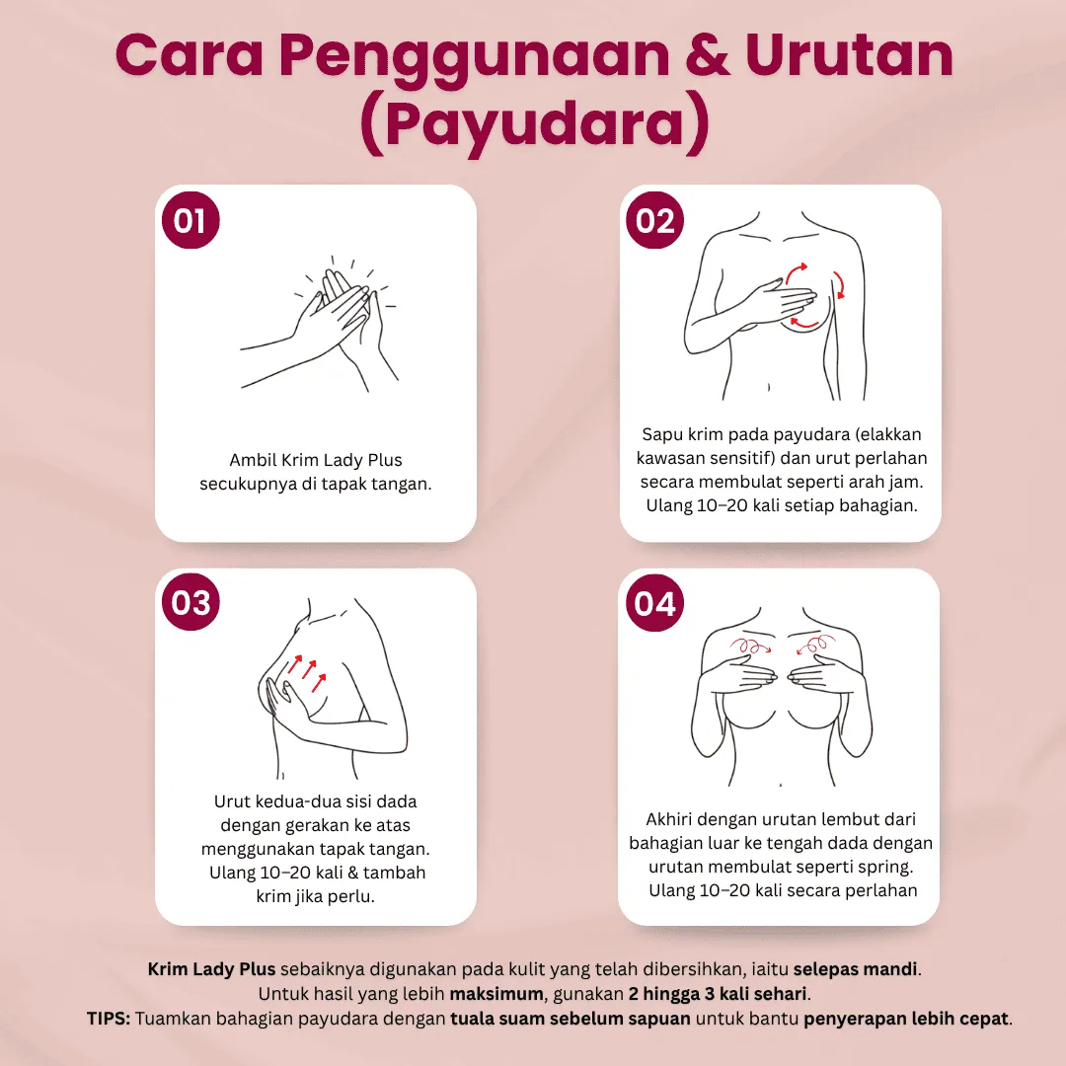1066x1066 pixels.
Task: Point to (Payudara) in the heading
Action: [x=533, y=125]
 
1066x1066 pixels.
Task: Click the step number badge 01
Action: [x=190, y=220]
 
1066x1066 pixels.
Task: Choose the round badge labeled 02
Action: [x=655, y=220]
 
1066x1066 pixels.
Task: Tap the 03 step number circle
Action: [x=190, y=602]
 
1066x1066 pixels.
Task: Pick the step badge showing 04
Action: [x=655, y=602]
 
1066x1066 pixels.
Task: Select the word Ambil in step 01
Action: [x=252, y=460]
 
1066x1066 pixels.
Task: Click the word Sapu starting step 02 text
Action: [x=661, y=434]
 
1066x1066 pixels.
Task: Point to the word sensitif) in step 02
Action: [x=776, y=458]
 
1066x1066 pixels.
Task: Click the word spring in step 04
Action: [x=886, y=867]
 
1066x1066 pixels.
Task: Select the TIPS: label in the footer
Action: [x=108, y=1018]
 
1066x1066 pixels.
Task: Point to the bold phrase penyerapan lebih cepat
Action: [x=907, y=1018]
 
